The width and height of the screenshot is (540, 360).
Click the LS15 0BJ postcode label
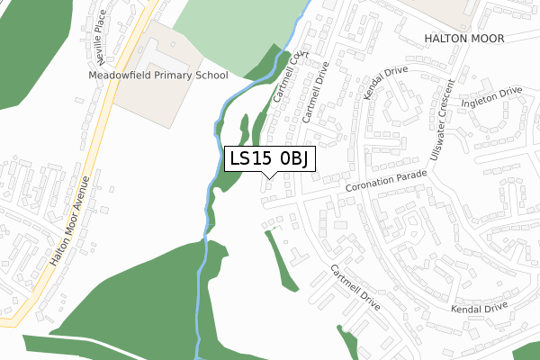(269, 159)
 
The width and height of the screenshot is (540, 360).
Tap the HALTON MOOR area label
(465, 38)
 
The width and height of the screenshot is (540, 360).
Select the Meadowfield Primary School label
(157, 76)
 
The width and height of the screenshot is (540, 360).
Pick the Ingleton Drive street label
(491, 95)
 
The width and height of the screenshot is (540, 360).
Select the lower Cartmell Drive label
(355, 288)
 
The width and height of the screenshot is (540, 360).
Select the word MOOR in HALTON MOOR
(486, 38)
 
